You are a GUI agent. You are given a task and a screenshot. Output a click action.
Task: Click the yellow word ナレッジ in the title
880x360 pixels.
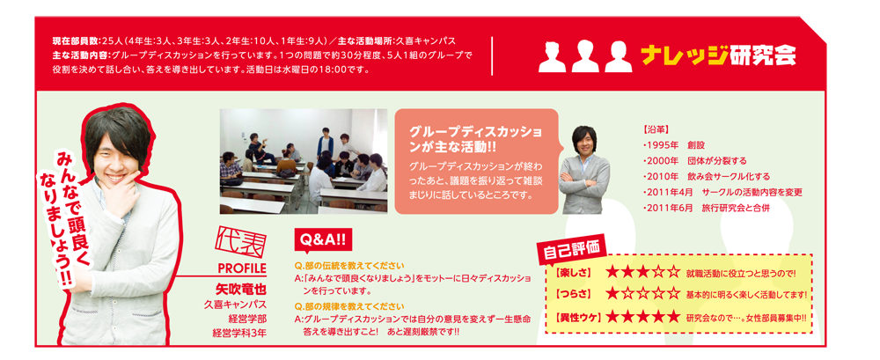pos(683,56)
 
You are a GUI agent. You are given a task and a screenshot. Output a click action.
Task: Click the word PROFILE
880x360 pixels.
pos(241,268)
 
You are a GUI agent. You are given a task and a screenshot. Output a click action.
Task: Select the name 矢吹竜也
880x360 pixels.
pos(240,291)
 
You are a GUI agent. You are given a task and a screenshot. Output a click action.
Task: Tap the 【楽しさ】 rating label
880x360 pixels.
pos(573,273)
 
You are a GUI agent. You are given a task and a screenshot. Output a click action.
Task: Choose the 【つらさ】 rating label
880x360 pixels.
pos(573,294)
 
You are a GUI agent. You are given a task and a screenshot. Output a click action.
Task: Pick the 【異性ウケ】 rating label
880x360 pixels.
pos(577,318)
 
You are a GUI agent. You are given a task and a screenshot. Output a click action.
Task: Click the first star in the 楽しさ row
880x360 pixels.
pos(612,273)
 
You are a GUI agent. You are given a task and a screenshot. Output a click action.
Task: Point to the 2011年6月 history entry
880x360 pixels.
pos(706,208)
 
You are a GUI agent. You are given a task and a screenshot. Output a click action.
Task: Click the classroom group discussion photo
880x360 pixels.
pos(303,161)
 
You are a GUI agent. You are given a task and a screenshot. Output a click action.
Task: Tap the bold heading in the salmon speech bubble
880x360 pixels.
pos(476,139)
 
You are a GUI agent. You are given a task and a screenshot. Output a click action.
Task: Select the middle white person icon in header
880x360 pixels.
pos(583,56)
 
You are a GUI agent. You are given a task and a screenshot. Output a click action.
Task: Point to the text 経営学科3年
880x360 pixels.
pos(239,333)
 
